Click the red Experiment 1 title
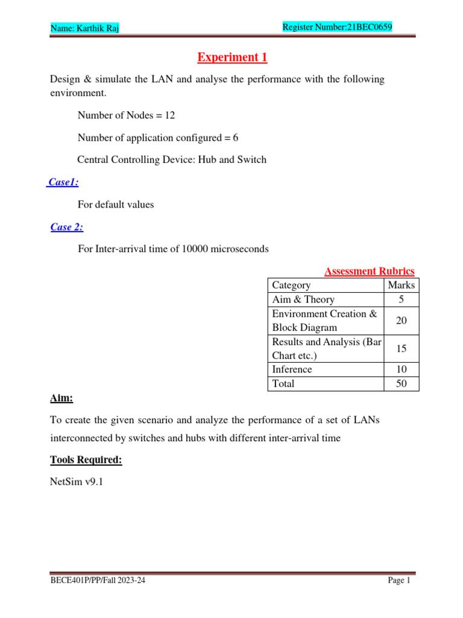[x=232, y=57]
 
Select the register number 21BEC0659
[x=370, y=27]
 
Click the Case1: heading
[x=64, y=182]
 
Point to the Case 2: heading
[x=67, y=227]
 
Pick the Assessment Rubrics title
[x=369, y=272]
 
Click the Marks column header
[x=401, y=285]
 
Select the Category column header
[x=291, y=285]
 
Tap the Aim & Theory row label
[x=303, y=300]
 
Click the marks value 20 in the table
[x=401, y=321]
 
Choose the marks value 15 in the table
[x=401, y=349]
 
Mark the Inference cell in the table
[x=292, y=369]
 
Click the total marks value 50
[x=401, y=384]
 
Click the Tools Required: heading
[x=86, y=460]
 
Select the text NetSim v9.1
[x=77, y=483]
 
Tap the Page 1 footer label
[x=398, y=581]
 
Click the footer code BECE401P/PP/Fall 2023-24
[x=98, y=581]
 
